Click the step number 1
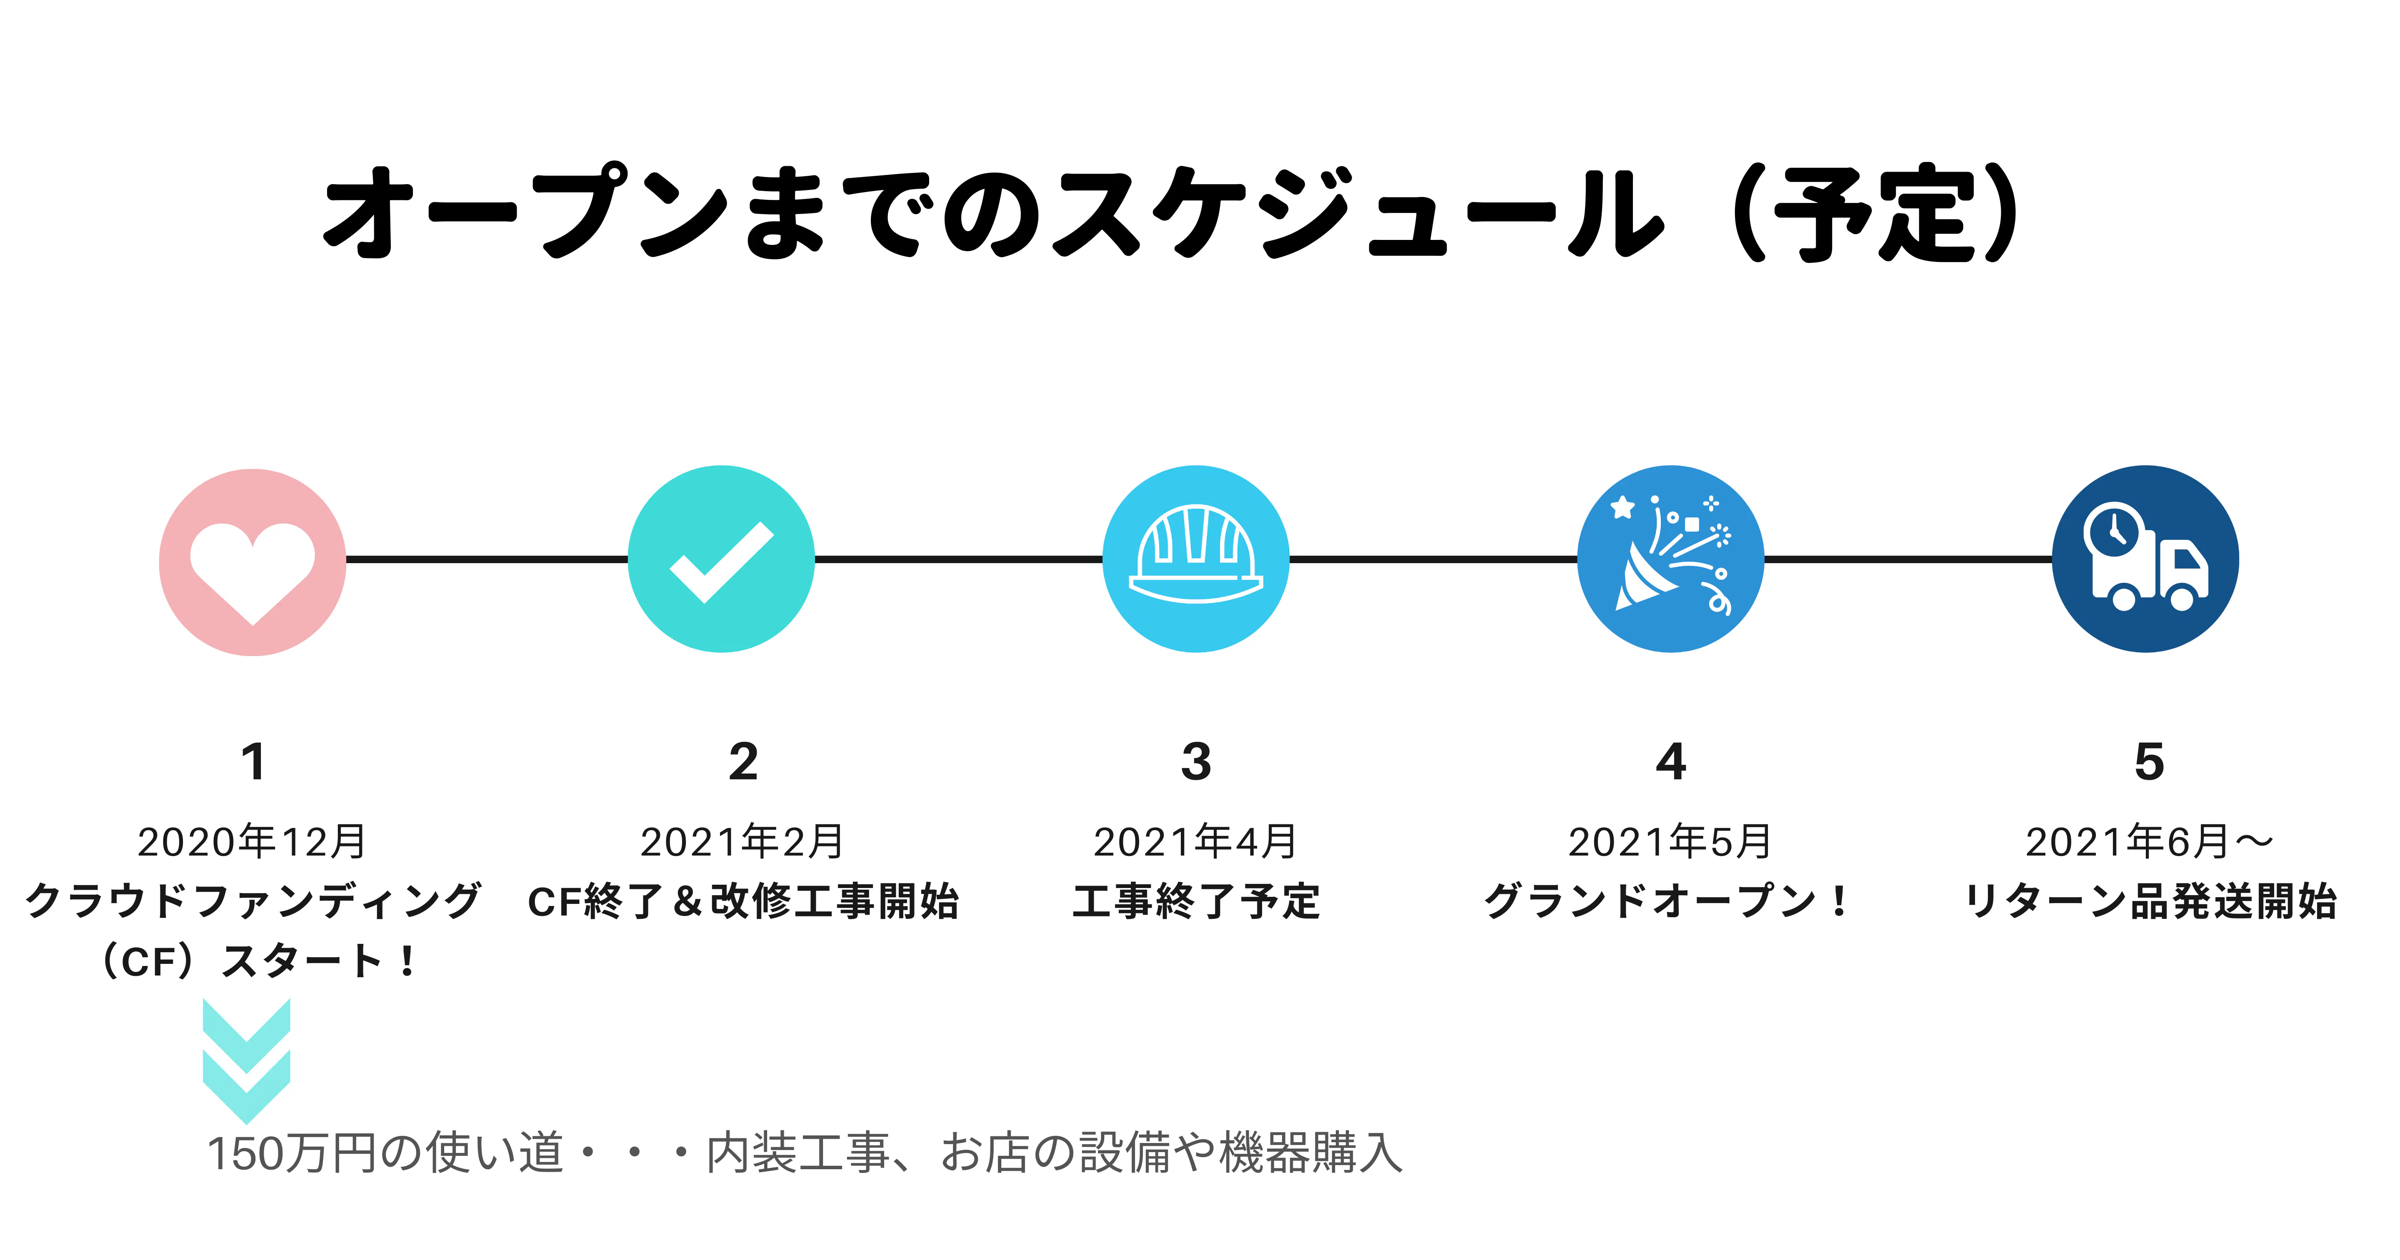click(252, 762)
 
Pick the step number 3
click(1196, 762)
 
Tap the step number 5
click(2148, 762)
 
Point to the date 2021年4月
click(1195, 842)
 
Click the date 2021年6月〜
click(2148, 842)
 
